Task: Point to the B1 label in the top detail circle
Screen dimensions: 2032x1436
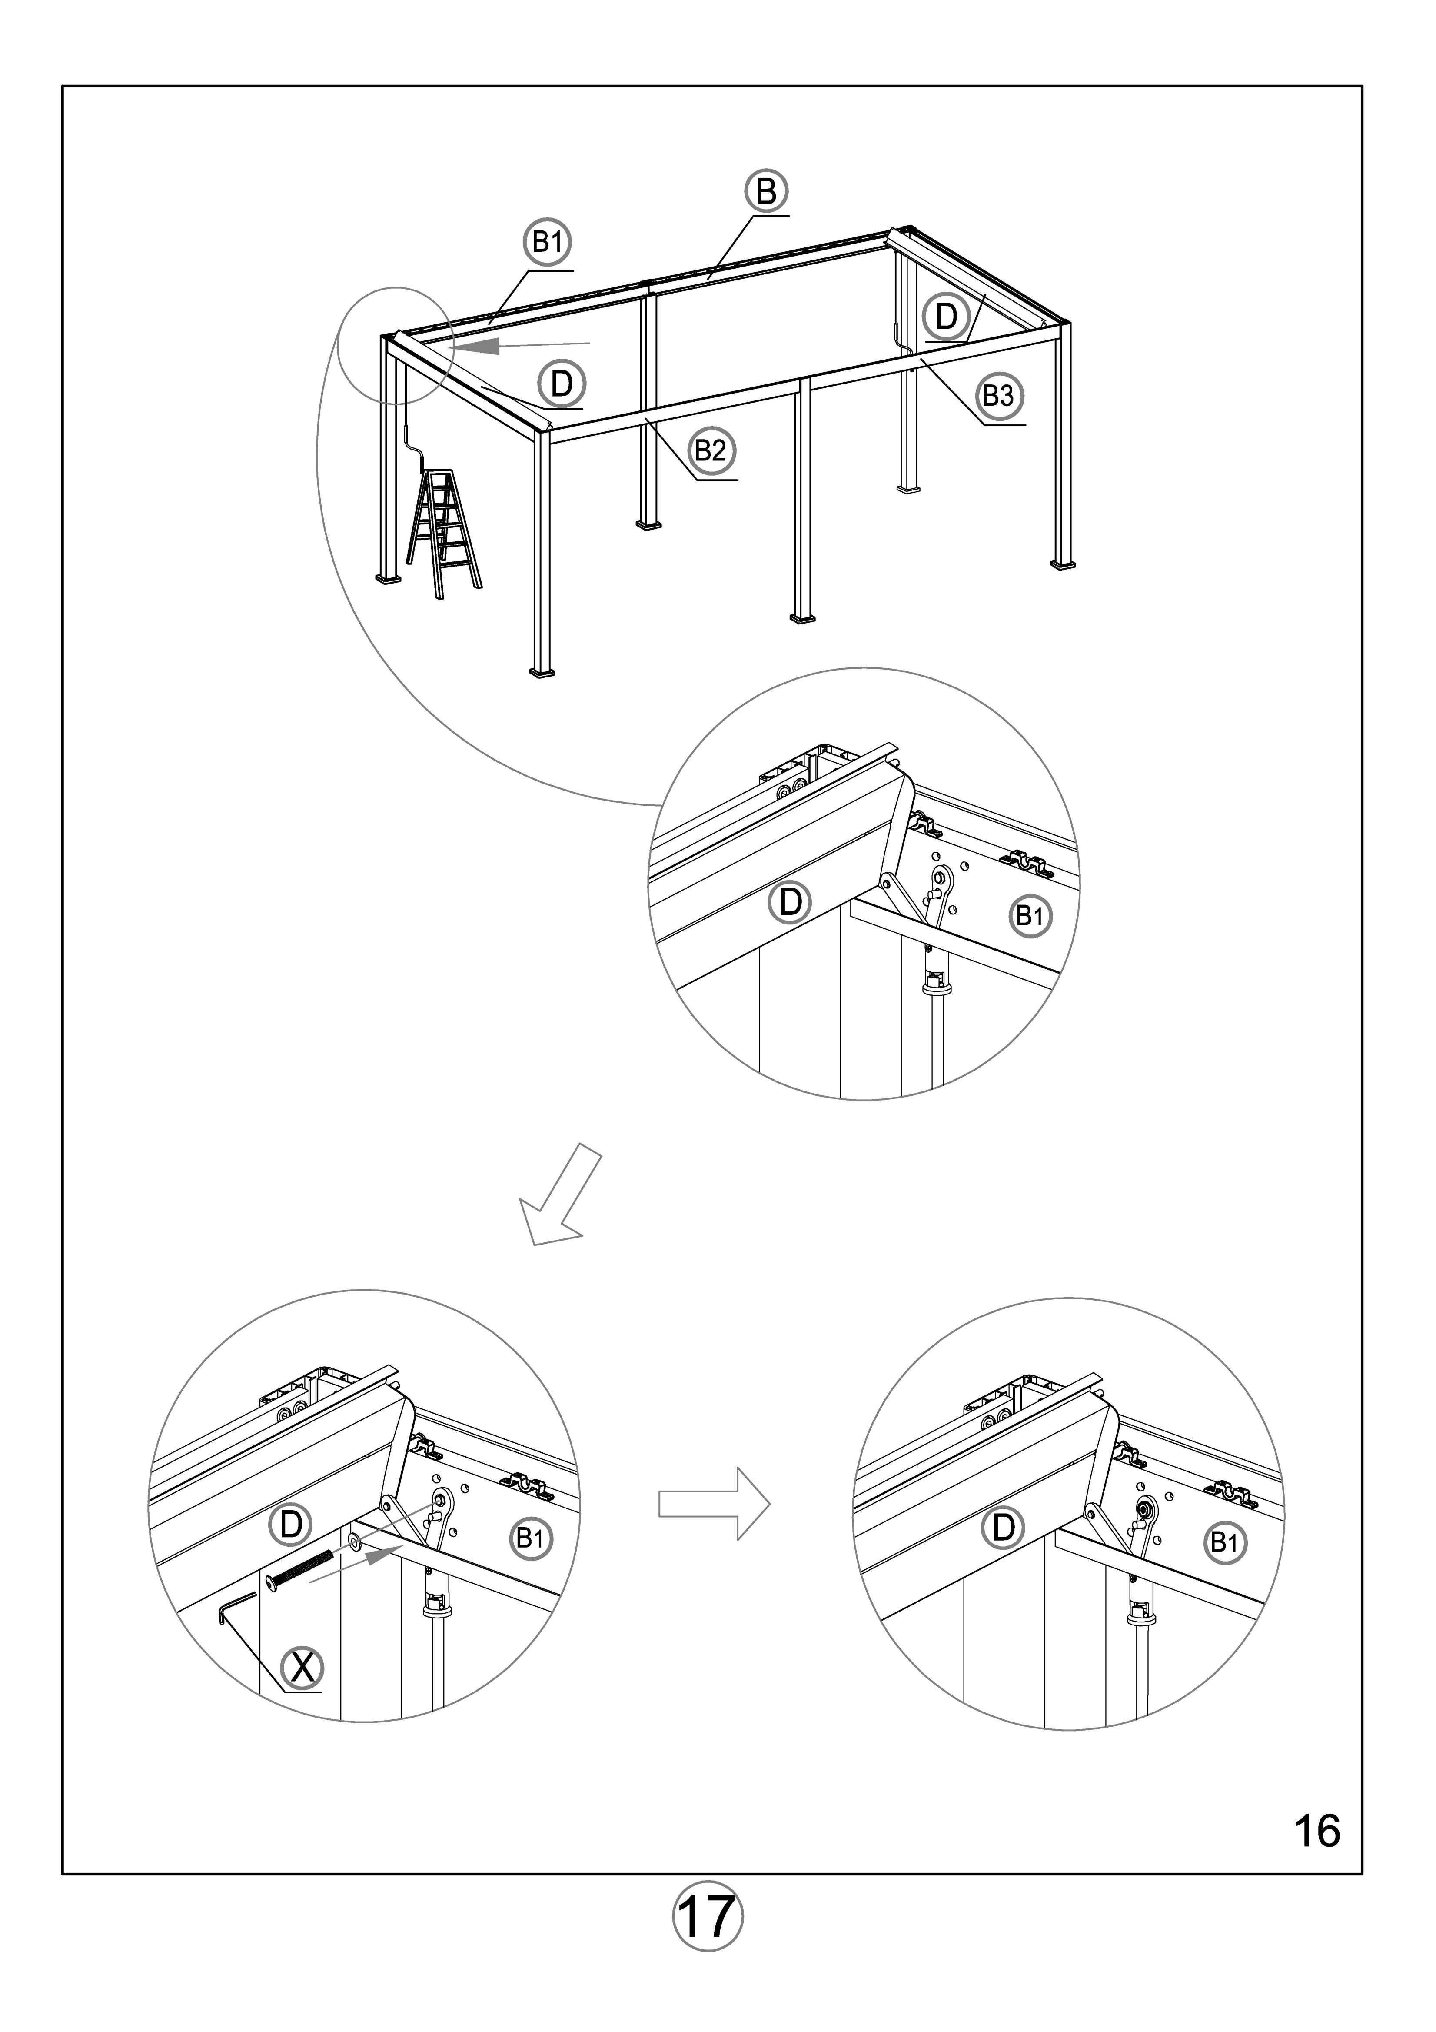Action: point(1030,916)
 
